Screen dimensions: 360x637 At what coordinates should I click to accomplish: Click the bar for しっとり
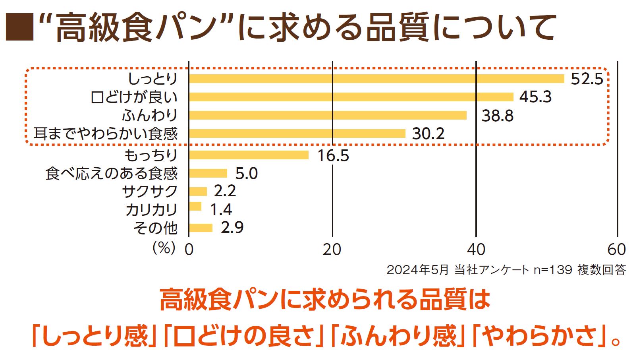click(x=376, y=79)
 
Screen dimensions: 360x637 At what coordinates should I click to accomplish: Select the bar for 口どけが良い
click(x=351, y=97)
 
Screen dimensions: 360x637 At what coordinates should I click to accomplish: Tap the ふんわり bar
click(x=328, y=115)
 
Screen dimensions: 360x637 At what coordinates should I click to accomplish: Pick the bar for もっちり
click(x=249, y=155)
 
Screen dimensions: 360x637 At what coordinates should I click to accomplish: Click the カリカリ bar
click(x=195, y=207)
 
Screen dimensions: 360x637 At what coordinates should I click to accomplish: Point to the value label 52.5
click(x=587, y=79)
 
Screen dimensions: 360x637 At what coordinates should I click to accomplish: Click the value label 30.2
click(x=428, y=134)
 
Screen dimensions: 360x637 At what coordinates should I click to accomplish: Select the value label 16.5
click(x=333, y=155)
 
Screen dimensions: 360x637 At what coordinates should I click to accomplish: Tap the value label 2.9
click(x=232, y=228)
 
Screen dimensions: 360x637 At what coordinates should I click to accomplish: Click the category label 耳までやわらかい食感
click(x=105, y=134)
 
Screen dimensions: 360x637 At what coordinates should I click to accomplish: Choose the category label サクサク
click(x=150, y=192)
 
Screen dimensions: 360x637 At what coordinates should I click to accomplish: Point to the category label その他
click(x=155, y=228)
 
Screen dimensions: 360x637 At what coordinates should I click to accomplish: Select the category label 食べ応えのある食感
click(x=111, y=174)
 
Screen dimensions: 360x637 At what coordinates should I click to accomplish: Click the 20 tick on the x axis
click(x=332, y=250)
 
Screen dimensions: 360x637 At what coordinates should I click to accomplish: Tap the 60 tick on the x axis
click(x=616, y=250)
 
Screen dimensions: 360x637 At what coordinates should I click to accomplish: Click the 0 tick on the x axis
click(x=189, y=250)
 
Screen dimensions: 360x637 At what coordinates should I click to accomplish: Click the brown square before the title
click(x=19, y=27)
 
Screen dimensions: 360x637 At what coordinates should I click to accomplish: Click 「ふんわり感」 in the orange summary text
click(x=397, y=336)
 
